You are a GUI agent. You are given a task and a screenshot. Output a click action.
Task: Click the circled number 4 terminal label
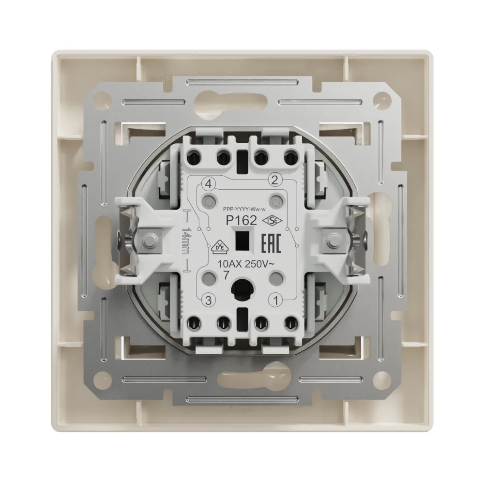(208, 184)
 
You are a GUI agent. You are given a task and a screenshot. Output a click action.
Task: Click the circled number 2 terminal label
(275, 180)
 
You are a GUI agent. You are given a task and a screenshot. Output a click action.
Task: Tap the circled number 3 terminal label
(208, 301)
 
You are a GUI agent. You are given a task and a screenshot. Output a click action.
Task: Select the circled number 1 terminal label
(276, 301)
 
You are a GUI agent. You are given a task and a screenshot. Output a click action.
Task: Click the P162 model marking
(242, 220)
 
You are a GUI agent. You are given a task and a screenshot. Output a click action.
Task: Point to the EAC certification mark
(272, 243)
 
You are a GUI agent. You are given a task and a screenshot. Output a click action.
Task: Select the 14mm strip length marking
(186, 241)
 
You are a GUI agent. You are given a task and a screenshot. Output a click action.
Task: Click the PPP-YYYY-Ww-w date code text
(244, 210)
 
